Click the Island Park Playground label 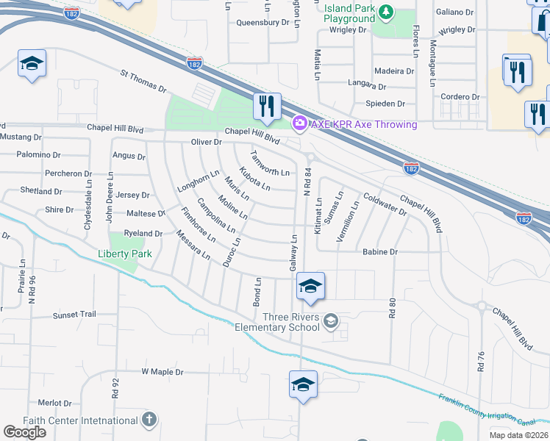point(350,13)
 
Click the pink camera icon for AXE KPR point(299,124)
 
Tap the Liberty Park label point(125,254)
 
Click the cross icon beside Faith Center point(149,420)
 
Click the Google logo point(24,432)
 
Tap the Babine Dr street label point(379,251)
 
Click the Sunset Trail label point(74,315)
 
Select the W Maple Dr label point(162,372)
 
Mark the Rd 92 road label point(115,388)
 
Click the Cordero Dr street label point(460,97)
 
